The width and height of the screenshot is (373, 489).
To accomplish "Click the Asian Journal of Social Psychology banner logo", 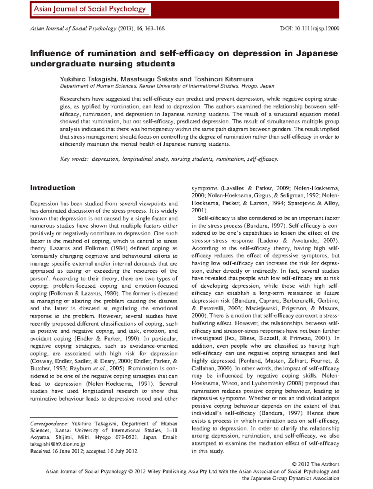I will click(90, 9).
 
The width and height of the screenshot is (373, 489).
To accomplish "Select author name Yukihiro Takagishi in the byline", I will click(89, 79).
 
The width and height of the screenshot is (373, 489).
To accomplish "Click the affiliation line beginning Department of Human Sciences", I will click(167, 86).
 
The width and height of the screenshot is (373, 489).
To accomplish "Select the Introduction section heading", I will click(53, 188).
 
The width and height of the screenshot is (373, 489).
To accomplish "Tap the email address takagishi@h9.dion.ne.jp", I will click(58, 444).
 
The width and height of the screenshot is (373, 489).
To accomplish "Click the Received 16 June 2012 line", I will click(84, 451).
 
